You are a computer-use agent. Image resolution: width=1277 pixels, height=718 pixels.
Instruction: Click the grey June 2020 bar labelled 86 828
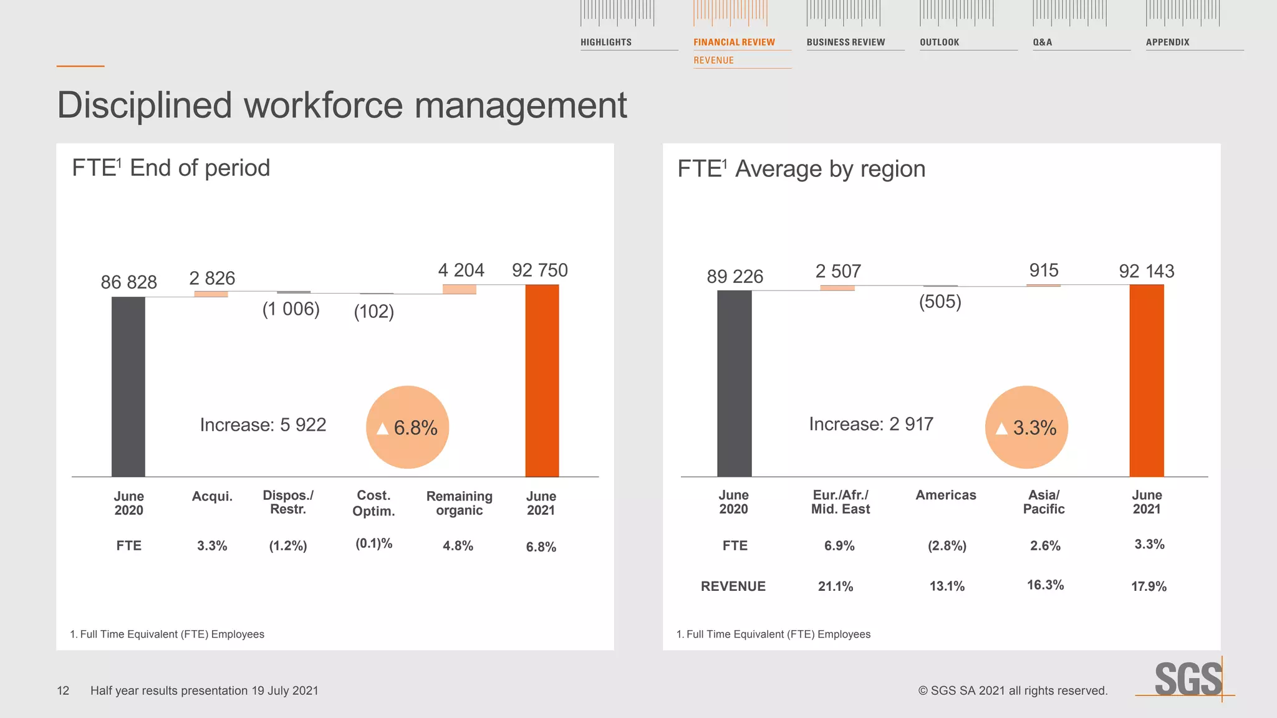(128, 386)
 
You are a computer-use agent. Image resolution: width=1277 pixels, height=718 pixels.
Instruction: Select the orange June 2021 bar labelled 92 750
(542, 380)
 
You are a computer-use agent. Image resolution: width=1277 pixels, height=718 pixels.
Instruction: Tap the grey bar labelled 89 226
(735, 383)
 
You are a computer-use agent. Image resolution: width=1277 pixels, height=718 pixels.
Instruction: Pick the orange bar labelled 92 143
(1147, 380)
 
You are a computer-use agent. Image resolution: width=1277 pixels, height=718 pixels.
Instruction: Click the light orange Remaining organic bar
(460, 289)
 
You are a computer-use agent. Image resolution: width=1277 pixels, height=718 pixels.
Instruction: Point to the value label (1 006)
(291, 309)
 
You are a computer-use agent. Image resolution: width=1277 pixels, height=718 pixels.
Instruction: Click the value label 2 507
(838, 272)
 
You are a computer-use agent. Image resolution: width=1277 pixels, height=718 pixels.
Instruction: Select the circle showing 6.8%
(408, 428)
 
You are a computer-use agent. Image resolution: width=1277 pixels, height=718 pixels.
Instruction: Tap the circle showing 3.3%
(1026, 428)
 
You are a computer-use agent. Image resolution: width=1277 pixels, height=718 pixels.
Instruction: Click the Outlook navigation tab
(940, 42)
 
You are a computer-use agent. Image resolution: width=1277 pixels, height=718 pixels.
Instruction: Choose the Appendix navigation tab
(1168, 42)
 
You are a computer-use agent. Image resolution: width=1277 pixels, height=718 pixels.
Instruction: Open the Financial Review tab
(735, 42)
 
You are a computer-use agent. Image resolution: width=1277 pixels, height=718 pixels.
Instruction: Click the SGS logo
(1188, 679)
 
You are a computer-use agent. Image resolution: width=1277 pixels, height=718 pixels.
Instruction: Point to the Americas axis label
(946, 495)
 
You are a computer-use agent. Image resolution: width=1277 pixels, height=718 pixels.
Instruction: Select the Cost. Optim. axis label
(373, 503)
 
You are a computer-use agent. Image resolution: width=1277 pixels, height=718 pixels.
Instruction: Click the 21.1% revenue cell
(836, 586)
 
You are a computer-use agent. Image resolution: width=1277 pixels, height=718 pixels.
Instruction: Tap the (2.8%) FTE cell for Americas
(947, 546)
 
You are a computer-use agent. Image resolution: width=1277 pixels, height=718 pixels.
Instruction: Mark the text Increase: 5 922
(263, 425)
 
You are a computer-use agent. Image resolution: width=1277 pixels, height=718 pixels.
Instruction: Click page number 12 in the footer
(63, 691)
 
